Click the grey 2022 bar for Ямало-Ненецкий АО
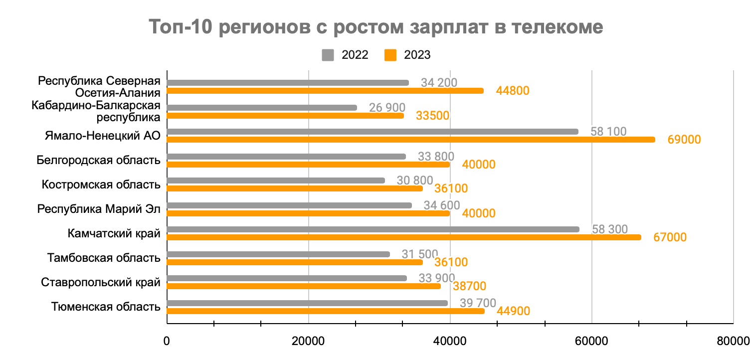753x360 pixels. click(372, 132)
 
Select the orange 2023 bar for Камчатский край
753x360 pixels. click(403, 237)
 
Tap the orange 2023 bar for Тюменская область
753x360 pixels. click(325, 311)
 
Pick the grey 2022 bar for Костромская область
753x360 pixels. click(275, 180)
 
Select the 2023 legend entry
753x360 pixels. click(407, 55)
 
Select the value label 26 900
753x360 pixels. click(387, 108)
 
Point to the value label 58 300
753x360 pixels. click(610, 229)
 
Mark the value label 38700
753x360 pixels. click(469, 287)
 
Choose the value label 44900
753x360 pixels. click(513, 312)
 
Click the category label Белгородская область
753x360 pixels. click(99, 161)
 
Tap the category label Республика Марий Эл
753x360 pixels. click(99, 209)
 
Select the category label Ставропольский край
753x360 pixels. click(101, 283)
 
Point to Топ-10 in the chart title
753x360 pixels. click(180, 27)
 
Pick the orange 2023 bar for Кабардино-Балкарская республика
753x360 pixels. click(285, 116)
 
